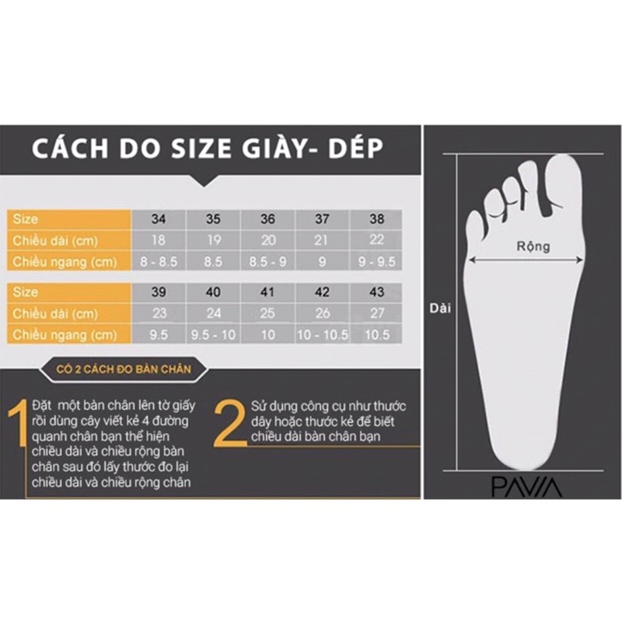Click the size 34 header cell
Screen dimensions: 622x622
[x=158, y=219]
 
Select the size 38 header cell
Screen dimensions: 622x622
[x=377, y=219]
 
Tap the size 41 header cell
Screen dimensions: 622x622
[x=268, y=292]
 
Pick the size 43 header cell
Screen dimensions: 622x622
[x=377, y=292]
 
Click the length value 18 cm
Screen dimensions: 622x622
[x=158, y=241]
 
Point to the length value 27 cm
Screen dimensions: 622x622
[x=377, y=313]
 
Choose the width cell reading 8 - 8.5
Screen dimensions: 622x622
[x=158, y=262]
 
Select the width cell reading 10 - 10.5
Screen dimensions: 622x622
[x=322, y=335]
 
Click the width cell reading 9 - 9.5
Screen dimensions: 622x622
[x=377, y=262]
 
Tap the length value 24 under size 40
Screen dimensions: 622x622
[x=213, y=313]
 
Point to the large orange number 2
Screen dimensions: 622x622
[x=230, y=424]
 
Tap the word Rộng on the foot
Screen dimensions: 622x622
[x=533, y=246]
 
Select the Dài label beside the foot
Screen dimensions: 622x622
[x=440, y=307]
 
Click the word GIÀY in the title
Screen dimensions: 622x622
[x=277, y=149]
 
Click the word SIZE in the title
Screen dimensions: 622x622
[x=190, y=149]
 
